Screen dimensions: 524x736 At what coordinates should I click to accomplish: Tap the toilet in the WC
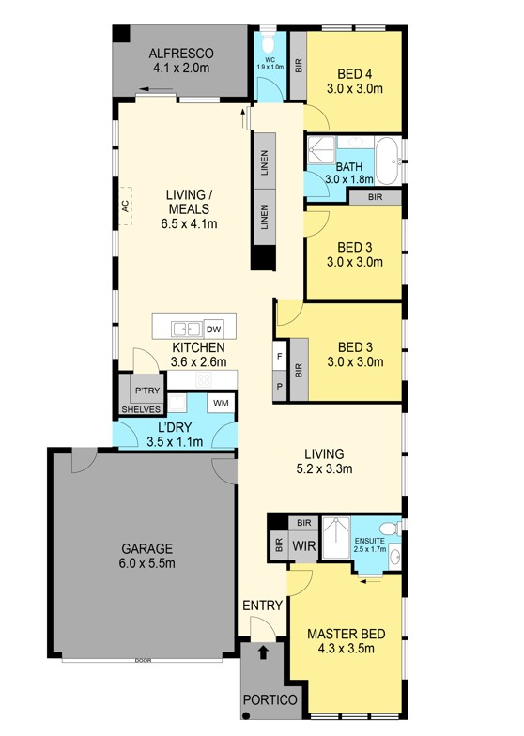tap(269, 43)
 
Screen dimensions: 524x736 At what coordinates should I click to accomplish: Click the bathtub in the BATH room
tap(387, 161)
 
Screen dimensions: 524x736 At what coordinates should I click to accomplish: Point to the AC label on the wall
tap(125, 207)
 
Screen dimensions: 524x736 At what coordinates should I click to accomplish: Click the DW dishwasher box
tap(214, 329)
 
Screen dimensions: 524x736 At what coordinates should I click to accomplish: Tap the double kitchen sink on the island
tap(186, 329)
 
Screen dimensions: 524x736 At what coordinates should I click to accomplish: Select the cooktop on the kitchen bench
tap(203, 379)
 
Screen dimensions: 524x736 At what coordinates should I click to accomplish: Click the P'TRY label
tap(147, 391)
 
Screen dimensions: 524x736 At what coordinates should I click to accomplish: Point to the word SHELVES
tap(141, 409)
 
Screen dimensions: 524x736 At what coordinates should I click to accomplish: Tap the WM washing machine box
tap(221, 404)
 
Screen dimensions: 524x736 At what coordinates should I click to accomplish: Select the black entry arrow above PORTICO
tap(263, 652)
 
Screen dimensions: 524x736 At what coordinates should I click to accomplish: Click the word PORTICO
tap(270, 700)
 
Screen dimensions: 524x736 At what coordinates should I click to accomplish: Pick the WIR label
tap(304, 546)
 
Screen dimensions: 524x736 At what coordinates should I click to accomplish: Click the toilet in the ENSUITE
tap(390, 529)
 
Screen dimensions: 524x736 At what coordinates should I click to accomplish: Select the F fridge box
tap(280, 357)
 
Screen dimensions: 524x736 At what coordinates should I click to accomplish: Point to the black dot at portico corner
tap(245, 715)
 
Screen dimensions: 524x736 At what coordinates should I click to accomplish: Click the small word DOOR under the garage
tap(143, 661)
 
